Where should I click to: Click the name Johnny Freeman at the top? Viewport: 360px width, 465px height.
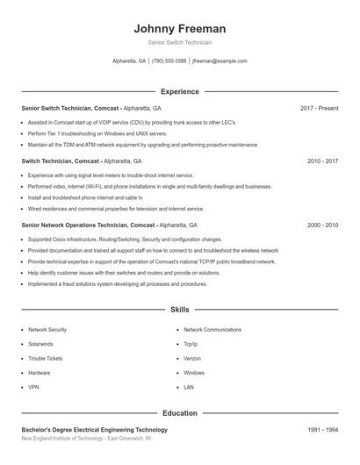click(180, 28)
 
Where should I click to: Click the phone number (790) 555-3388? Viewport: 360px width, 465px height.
click(169, 61)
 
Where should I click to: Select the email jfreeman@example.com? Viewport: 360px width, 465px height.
click(220, 61)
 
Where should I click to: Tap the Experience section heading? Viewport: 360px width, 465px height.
click(180, 91)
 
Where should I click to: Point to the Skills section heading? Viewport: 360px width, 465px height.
click(180, 310)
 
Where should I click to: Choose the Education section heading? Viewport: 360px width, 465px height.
click(180, 412)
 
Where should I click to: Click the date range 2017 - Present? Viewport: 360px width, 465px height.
click(319, 108)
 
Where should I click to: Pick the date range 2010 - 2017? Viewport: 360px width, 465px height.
click(322, 161)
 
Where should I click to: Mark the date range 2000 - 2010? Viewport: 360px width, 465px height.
click(322, 225)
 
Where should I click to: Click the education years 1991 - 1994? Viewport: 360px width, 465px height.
click(322, 430)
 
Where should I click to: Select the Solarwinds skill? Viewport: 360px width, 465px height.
click(40, 344)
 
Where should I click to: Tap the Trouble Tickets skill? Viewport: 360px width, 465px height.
click(46, 358)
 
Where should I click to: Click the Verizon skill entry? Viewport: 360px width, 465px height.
click(193, 358)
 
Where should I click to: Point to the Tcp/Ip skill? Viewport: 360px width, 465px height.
click(191, 344)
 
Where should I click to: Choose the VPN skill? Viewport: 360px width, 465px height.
click(33, 387)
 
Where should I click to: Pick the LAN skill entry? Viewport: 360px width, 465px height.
click(189, 387)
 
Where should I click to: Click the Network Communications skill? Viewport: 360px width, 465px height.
click(212, 329)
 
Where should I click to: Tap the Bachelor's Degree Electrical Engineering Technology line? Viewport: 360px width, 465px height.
click(94, 430)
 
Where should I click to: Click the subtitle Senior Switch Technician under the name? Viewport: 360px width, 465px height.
click(180, 42)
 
